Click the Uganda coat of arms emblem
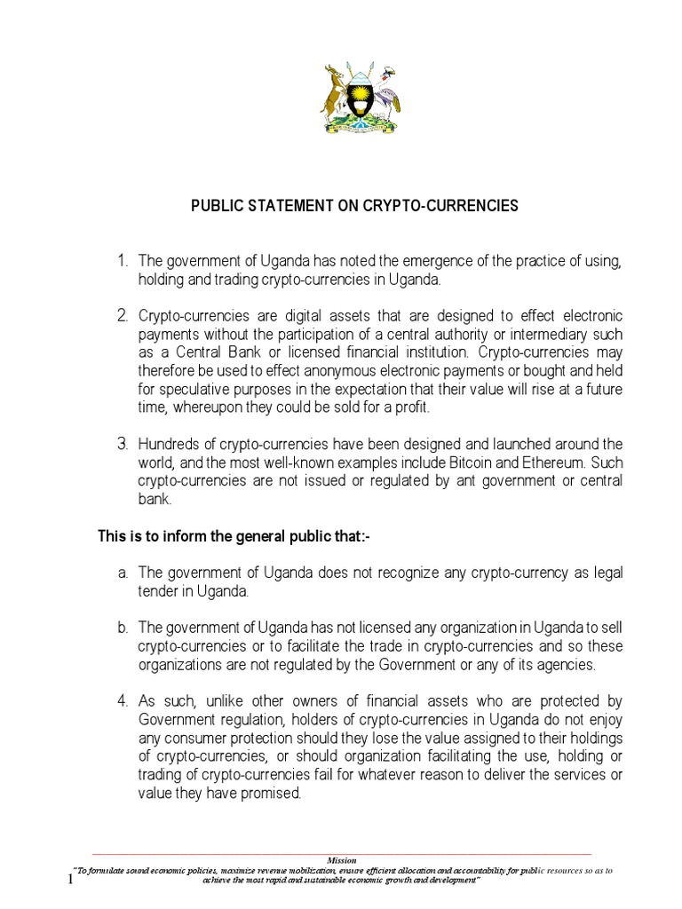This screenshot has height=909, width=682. coord(360,99)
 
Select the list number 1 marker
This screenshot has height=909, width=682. coord(123,261)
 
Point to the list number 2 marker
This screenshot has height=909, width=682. coord(123,316)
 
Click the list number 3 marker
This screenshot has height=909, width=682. coord(123,443)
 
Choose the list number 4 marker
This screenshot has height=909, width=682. coord(123,702)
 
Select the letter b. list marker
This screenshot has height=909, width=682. coord(123,628)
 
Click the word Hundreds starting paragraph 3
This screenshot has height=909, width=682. coord(170,444)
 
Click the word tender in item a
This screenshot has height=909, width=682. coord(158,591)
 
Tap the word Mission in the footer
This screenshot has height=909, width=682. coord(341,860)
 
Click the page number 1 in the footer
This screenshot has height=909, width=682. coord(71,880)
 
